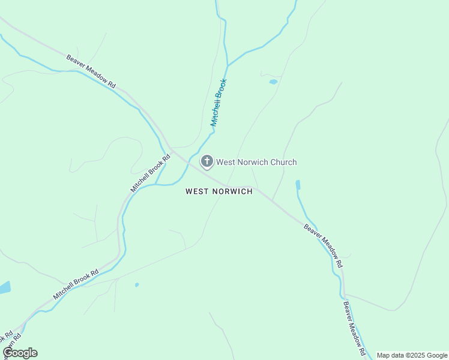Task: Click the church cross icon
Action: tap(206, 161)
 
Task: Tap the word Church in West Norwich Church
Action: tap(282, 162)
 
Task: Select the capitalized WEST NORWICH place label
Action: tap(219, 191)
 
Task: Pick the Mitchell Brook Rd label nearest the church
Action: tap(146, 172)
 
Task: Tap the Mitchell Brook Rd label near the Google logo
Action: tap(76, 285)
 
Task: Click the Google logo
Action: tap(20, 353)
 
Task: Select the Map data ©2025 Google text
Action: tap(412, 355)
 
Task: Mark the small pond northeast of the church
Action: tap(273, 82)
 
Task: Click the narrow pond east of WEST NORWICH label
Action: tap(298, 185)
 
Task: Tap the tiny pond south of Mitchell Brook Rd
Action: tap(137, 284)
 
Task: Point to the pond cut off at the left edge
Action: tap(4, 287)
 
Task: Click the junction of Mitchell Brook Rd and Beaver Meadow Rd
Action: tap(170, 148)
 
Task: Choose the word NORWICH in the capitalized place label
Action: tap(233, 191)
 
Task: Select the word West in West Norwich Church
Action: tap(226, 162)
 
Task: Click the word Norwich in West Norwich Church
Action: tap(252, 162)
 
